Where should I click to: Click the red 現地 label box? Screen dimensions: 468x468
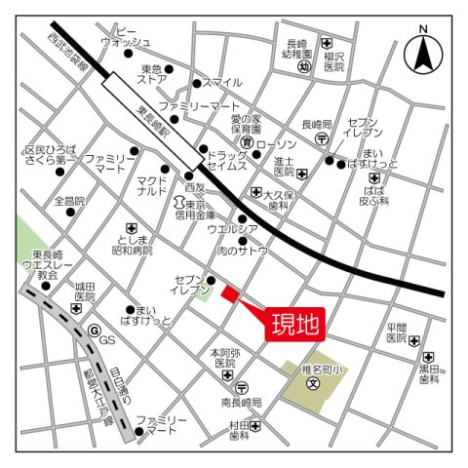tap(293, 324)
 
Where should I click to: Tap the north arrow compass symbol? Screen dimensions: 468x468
tap(424, 54)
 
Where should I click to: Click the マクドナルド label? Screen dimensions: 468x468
tap(152, 186)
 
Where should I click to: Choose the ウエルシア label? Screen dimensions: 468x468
tap(232, 228)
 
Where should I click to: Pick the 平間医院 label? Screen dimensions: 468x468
tap(395, 333)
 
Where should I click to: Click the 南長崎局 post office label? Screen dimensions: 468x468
tap(243, 402)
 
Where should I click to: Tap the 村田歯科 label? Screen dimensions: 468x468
tap(240, 430)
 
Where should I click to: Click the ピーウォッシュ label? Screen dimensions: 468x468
tap(126, 36)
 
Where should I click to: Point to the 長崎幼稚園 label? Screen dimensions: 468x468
tap(297, 50)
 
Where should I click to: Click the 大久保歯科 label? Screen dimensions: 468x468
tap(279, 201)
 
